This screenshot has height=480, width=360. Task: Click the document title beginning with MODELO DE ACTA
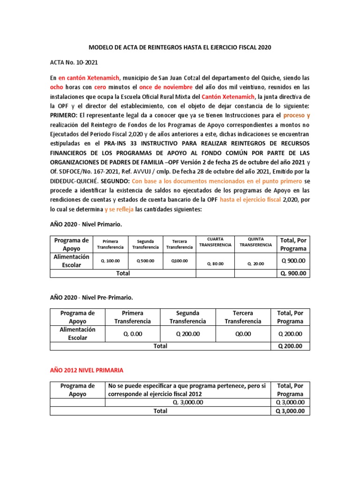pyautogui.click(x=180, y=47)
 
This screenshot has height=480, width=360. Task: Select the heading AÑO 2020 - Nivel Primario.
pyautogui.click(x=86, y=225)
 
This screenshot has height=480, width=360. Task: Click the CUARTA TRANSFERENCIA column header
pyautogui.click(x=215, y=242)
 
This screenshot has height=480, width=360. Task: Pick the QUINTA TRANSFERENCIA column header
pyautogui.click(x=255, y=242)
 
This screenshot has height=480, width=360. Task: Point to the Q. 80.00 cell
pyautogui.click(x=215, y=263)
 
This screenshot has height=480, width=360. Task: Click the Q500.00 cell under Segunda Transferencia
pyautogui.click(x=145, y=261)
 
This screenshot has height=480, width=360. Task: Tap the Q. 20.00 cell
pyautogui.click(x=255, y=263)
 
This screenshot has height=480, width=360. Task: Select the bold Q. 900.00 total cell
pyautogui.click(x=293, y=273)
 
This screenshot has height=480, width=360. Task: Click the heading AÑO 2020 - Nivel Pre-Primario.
pyautogui.click(x=91, y=298)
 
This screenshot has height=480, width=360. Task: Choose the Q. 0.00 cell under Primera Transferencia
pyautogui.click(x=132, y=334)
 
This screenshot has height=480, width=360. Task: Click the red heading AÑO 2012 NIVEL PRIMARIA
pyautogui.click(x=87, y=370)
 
